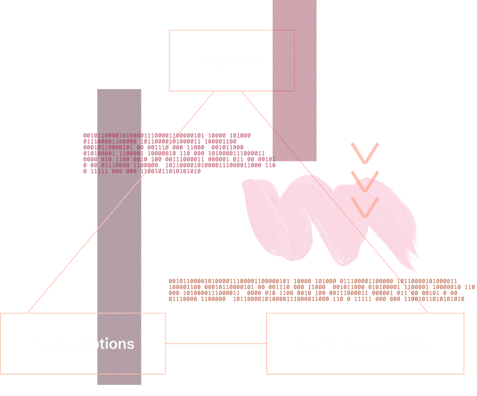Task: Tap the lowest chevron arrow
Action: (365, 208)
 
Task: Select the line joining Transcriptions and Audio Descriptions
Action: (216, 344)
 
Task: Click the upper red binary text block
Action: (175, 153)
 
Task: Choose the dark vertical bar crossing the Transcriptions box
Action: (119, 239)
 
